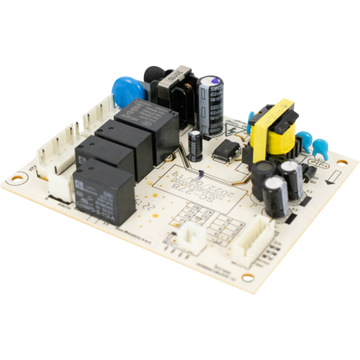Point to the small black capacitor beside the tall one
tap(194, 142)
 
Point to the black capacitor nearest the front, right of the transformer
tap(277, 196)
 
